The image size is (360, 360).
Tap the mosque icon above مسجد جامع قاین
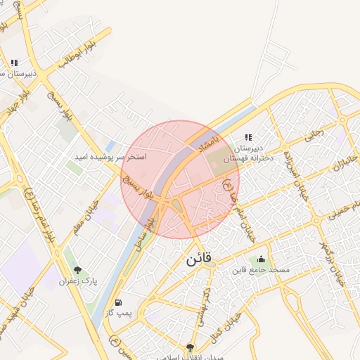(x=262, y=259)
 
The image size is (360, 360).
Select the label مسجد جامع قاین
(x=261, y=270)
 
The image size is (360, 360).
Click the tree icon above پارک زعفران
(x=77, y=270)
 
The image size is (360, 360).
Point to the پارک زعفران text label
(x=78, y=281)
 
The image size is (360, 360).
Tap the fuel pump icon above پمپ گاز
(x=127, y=302)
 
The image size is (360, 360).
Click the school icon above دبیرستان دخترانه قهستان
(x=247, y=137)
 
